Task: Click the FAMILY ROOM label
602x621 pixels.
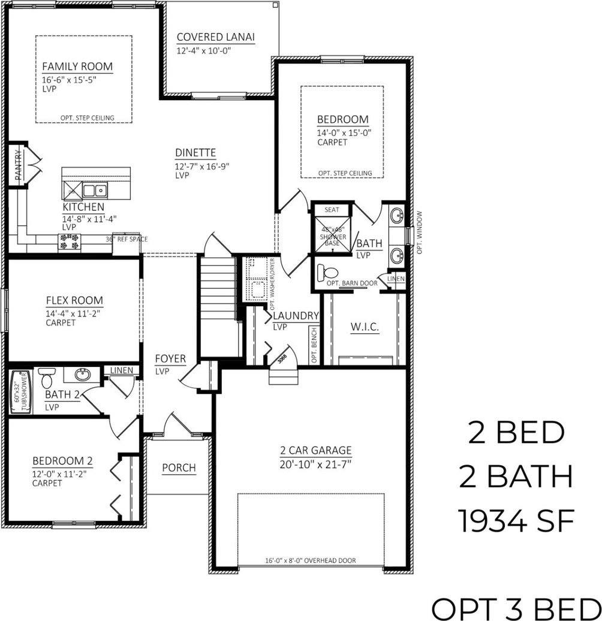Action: (77, 67)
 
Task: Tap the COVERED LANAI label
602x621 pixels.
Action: (216, 37)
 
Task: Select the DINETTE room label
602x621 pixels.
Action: (195, 153)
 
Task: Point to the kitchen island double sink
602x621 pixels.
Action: (95, 191)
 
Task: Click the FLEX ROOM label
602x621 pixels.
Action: (74, 301)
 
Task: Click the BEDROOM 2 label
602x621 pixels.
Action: (62, 461)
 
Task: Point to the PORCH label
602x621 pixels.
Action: (179, 468)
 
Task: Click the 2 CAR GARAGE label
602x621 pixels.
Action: (315, 451)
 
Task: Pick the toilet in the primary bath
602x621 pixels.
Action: (329, 271)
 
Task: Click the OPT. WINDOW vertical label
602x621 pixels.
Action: (420, 233)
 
